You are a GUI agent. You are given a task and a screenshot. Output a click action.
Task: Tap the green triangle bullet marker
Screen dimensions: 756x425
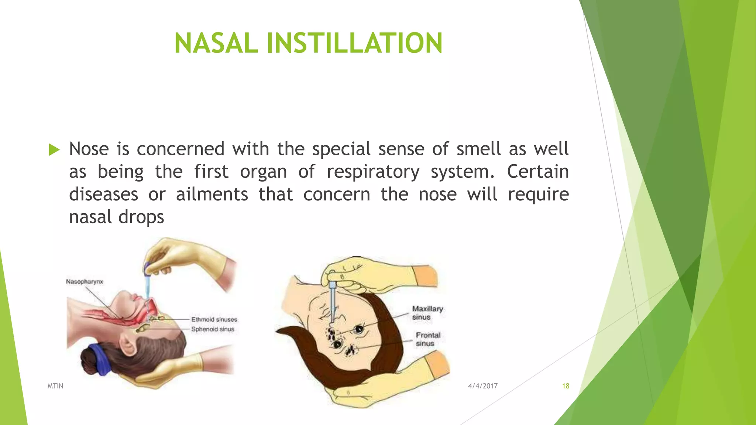(x=54, y=150)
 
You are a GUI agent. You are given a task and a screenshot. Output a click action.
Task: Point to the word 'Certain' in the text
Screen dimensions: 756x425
(x=538, y=172)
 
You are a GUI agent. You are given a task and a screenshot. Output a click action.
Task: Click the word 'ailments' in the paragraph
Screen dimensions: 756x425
(x=212, y=194)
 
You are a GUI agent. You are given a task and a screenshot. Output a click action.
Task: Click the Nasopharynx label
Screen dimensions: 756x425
(x=85, y=282)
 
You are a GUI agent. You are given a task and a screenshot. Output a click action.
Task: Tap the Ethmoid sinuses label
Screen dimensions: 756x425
(x=214, y=319)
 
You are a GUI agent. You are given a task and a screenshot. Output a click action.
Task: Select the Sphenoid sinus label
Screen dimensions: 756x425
(x=213, y=329)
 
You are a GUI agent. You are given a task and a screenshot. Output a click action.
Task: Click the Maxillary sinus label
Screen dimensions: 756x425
(x=427, y=313)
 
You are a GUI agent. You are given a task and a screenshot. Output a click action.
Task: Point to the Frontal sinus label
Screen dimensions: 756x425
(x=428, y=339)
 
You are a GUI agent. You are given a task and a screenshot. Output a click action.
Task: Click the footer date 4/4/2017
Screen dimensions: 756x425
(x=483, y=386)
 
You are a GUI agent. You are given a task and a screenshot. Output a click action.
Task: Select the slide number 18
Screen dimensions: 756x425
(x=566, y=386)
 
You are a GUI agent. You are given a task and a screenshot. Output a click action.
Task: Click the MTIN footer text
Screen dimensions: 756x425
(x=55, y=386)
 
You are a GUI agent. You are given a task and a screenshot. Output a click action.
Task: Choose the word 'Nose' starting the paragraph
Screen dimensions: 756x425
(x=89, y=149)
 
